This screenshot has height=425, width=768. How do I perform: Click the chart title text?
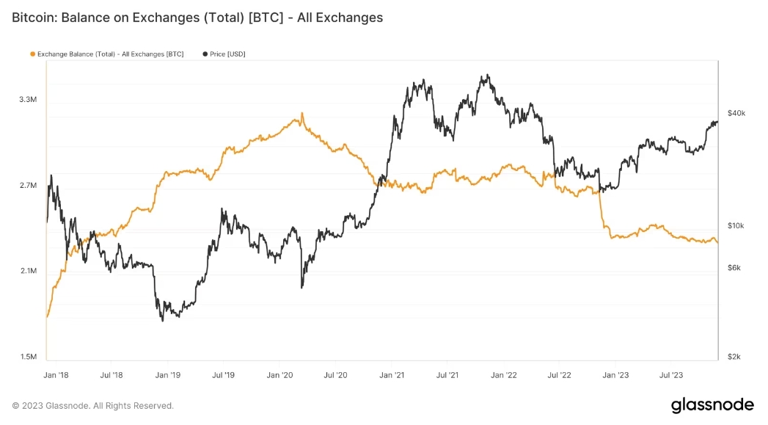(197, 17)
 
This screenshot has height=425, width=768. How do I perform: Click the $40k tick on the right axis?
(736, 113)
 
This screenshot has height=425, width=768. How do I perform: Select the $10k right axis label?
(736, 225)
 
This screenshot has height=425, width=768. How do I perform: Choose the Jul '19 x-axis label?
(223, 375)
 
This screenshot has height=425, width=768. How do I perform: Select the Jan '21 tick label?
(392, 375)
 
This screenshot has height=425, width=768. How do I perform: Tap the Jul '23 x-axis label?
(672, 375)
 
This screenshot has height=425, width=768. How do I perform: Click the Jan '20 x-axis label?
(279, 375)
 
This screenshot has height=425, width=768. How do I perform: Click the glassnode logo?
(712, 405)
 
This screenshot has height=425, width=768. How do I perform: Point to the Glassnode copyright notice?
(93, 406)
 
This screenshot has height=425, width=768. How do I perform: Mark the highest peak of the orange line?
(301, 114)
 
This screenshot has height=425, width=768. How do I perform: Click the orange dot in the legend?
(32, 54)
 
